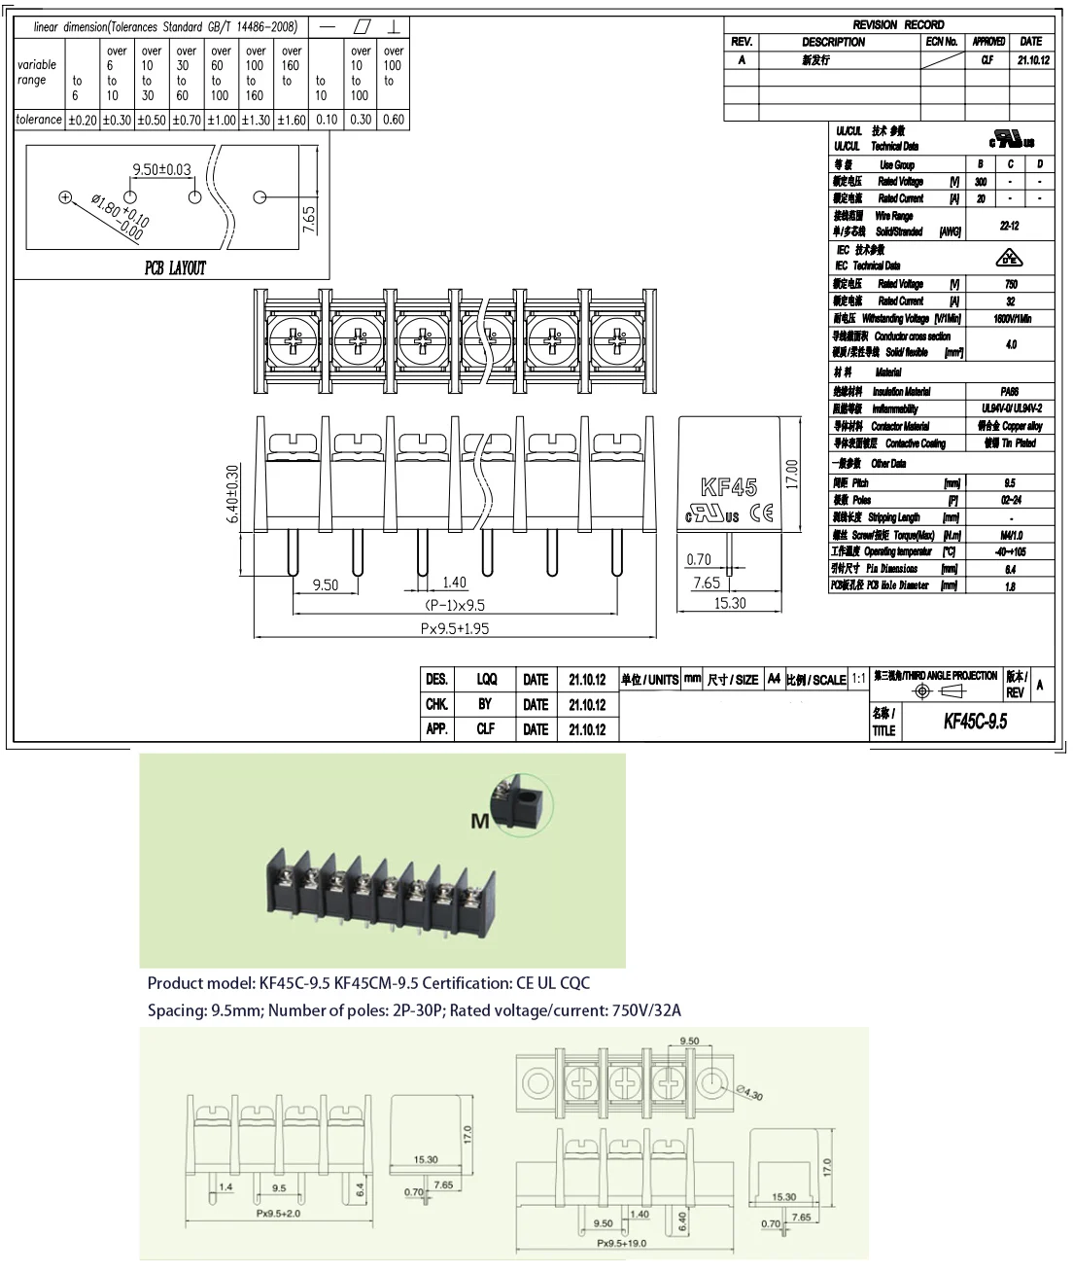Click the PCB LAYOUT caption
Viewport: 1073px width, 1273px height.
coord(175,267)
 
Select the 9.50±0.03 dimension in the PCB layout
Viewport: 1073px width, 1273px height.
coord(161,169)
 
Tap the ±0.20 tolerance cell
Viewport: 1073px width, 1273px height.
coord(82,120)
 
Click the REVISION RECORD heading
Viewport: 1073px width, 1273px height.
coord(897,24)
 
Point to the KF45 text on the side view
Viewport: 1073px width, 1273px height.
coord(728,487)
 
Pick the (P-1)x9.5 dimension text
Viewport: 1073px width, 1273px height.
coord(455,605)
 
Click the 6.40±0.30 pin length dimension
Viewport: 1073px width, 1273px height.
coord(233,494)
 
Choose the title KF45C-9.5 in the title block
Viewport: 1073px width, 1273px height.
coord(975,721)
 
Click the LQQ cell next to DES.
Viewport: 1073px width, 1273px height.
coord(486,680)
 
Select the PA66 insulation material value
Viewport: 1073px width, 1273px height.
coord(1010,392)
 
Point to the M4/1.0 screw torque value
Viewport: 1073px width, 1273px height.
coord(1010,535)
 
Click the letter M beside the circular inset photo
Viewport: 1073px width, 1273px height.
coord(480,822)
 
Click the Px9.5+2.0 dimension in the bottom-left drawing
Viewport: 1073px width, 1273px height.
coord(278,1214)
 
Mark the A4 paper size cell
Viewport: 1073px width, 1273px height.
coord(774,680)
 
